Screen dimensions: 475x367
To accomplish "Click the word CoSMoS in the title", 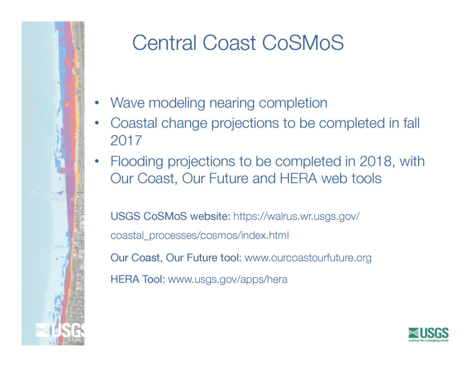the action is coord(303,42).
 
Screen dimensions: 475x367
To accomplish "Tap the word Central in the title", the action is coord(164,42).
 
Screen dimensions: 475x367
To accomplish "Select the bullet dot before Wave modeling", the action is coord(96,103).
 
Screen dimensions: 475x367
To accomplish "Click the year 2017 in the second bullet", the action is coord(126,140).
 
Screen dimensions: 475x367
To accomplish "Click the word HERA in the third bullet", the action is coord(298,179).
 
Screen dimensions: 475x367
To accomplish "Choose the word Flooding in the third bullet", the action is coord(137,162).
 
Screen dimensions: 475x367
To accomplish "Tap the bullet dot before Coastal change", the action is coord(96,123).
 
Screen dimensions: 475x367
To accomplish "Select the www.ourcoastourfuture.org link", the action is coord(308,258).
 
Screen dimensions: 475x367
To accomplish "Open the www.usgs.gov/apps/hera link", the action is coord(228,279).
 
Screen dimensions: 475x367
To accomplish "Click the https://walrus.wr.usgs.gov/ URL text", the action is coord(296,216).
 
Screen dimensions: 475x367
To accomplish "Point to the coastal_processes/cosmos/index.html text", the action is coord(199,235).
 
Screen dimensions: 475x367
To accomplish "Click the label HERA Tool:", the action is coord(138,279).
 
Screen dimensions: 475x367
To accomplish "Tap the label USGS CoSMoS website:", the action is coord(171,216).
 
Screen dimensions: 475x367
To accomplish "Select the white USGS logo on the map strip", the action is coord(60,330).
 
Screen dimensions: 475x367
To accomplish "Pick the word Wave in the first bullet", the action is coord(127,103).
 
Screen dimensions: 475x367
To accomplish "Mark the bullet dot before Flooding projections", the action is coord(96,161).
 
